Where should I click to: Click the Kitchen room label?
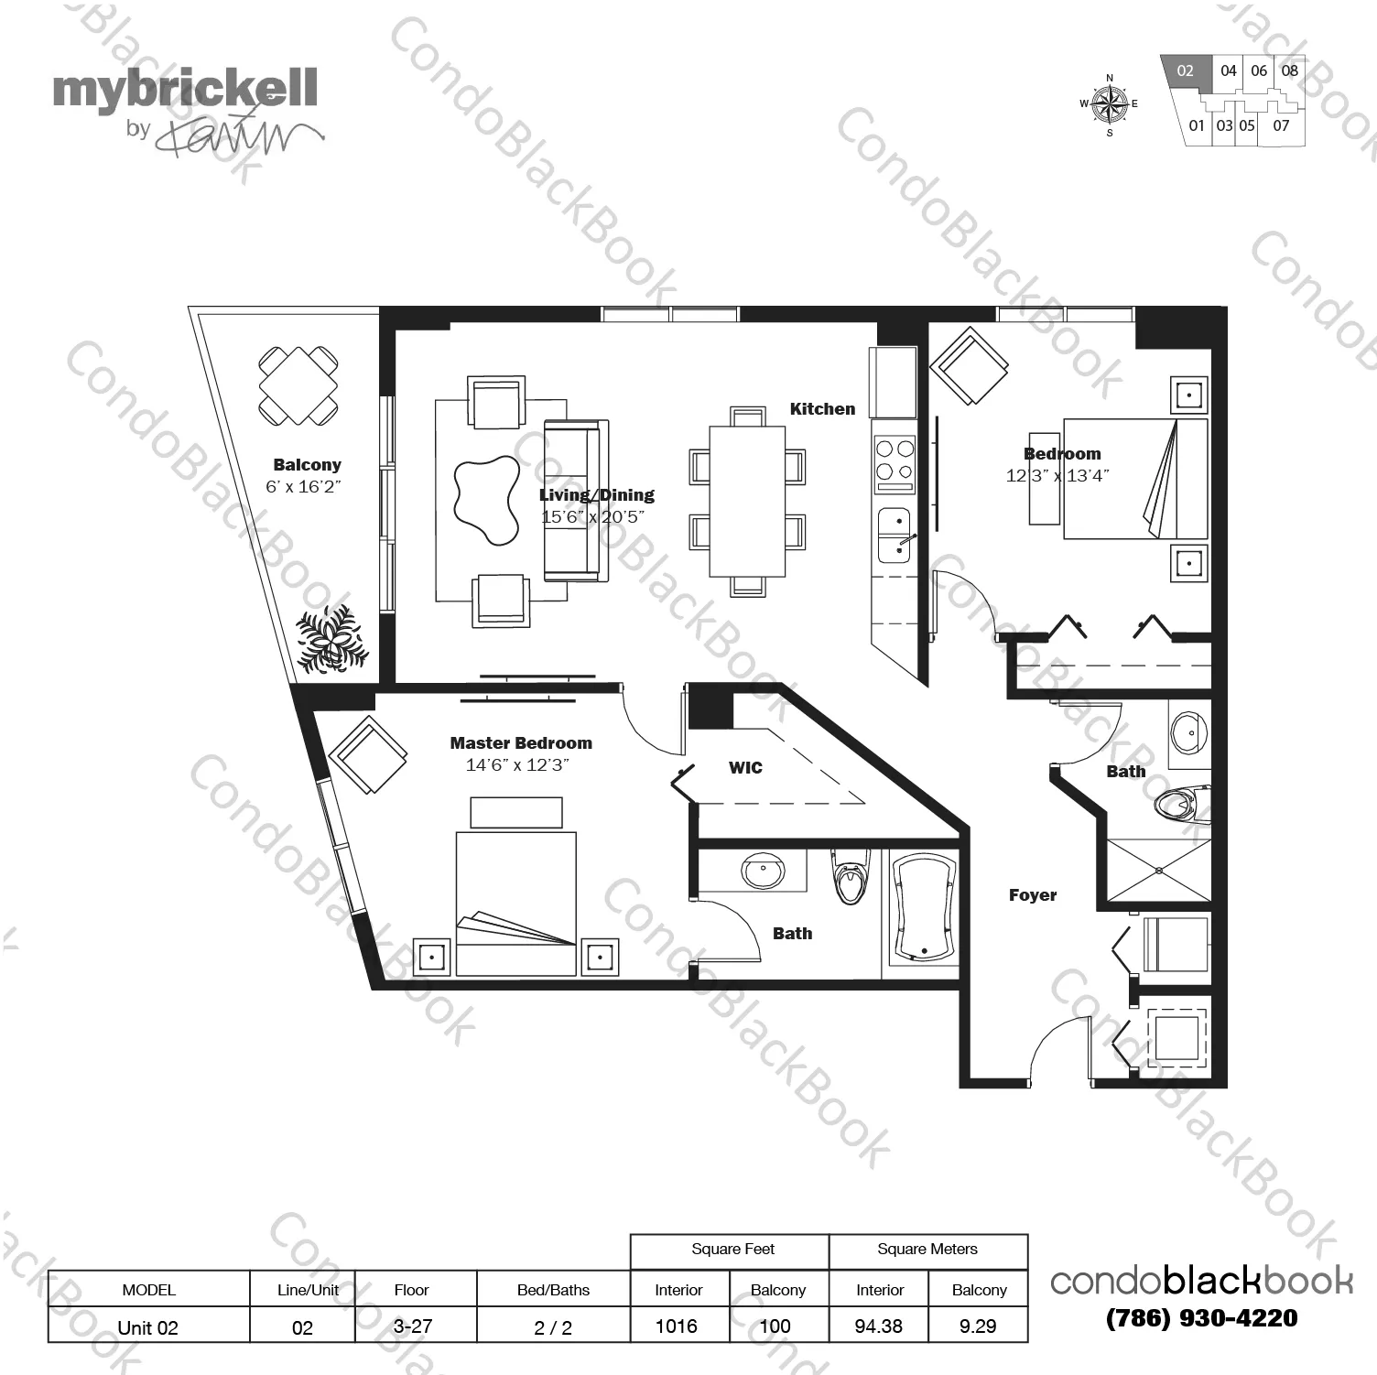coord(822,409)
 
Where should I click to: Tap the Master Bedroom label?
coord(521,743)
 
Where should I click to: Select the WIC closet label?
coord(745,768)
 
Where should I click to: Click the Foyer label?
coord(1033,895)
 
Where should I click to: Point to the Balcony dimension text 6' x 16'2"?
coord(303,487)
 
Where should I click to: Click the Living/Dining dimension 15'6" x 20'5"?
coord(593,517)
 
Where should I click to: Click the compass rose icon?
coord(1110,104)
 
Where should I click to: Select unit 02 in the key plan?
coord(1186,71)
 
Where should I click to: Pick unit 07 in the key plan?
coord(1281,125)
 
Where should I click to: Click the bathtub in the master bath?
coord(923,909)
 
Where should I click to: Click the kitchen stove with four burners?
coord(895,460)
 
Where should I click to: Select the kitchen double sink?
coord(895,536)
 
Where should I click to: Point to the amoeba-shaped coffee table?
coord(486,499)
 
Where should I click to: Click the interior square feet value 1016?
coord(677,1326)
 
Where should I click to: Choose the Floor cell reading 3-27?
coord(413,1326)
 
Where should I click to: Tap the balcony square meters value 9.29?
coord(978,1326)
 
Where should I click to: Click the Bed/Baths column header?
coord(553,1290)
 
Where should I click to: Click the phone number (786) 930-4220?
coord(1201,1318)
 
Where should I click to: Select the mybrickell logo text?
coord(185,90)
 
